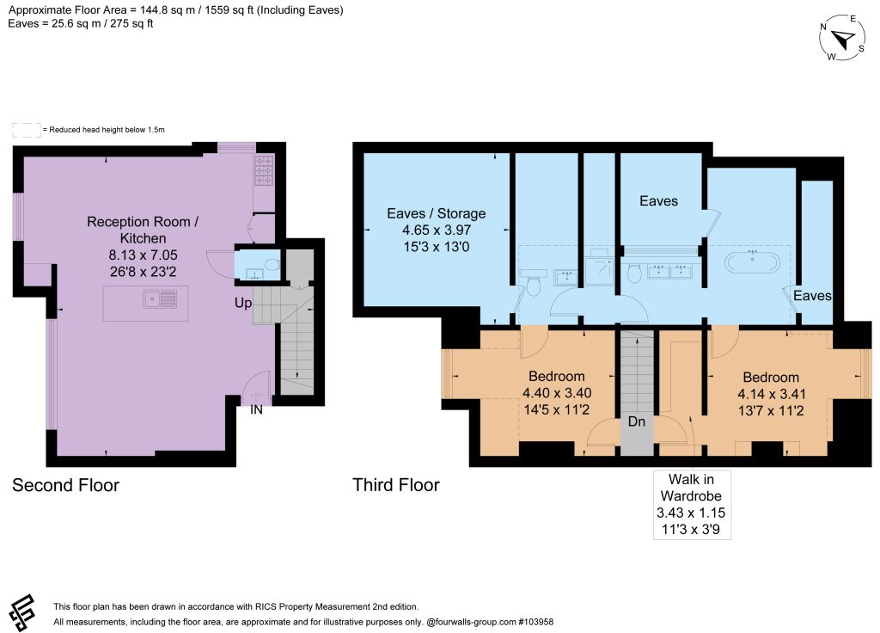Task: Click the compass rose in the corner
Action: click(x=842, y=38)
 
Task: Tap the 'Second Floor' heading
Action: click(x=65, y=485)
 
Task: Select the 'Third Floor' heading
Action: click(x=395, y=485)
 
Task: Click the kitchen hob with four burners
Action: click(x=264, y=170)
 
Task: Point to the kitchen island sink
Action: click(x=160, y=298)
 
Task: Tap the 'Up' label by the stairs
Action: click(x=243, y=304)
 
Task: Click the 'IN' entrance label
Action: click(x=256, y=410)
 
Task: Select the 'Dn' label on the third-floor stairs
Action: click(x=637, y=421)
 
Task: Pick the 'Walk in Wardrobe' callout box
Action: click(x=692, y=504)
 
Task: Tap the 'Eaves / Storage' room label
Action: click(x=436, y=213)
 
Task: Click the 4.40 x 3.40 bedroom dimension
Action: click(x=557, y=393)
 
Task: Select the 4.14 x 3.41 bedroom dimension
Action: click(x=771, y=394)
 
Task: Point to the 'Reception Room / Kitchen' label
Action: click(x=143, y=230)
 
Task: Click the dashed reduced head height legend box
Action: click(x=27, y=130)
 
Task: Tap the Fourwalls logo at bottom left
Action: click(x=21, y=613)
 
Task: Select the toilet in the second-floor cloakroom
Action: click(x=272, y=265)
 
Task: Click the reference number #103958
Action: click(x=535, y=622)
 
